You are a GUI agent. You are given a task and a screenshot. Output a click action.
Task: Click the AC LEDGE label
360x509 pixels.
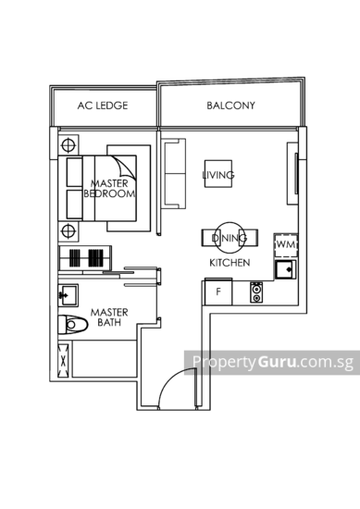103,106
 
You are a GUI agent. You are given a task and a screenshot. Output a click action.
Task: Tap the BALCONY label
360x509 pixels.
230,106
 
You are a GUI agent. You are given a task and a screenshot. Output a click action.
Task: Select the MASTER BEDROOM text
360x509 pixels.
110,189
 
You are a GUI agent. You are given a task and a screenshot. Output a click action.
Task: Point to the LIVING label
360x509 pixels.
218,175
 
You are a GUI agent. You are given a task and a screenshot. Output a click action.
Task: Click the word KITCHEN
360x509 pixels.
230,263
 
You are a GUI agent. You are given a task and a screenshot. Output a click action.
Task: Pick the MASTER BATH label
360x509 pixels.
109,317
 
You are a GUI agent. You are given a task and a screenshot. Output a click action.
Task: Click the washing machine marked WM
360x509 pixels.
286,244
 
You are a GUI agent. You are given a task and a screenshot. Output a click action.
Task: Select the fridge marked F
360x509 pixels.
218,292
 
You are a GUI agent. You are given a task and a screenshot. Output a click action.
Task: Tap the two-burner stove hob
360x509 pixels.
256,292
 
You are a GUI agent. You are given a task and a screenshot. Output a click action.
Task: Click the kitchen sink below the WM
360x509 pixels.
286,269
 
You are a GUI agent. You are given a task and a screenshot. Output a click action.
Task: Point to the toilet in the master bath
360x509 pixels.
73,324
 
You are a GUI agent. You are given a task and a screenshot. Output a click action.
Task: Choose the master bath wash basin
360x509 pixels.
68,295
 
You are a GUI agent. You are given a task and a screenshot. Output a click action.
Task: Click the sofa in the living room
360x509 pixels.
175,174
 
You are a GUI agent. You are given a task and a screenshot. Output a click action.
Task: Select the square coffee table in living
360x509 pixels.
218,174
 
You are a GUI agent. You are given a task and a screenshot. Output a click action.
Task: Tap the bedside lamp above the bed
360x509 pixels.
68,145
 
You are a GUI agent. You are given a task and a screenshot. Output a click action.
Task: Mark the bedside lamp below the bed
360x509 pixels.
68,231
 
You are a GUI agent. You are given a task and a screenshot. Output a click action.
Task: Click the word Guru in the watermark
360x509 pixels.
277,361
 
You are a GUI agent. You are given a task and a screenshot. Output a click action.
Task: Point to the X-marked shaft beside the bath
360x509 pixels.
64,360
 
